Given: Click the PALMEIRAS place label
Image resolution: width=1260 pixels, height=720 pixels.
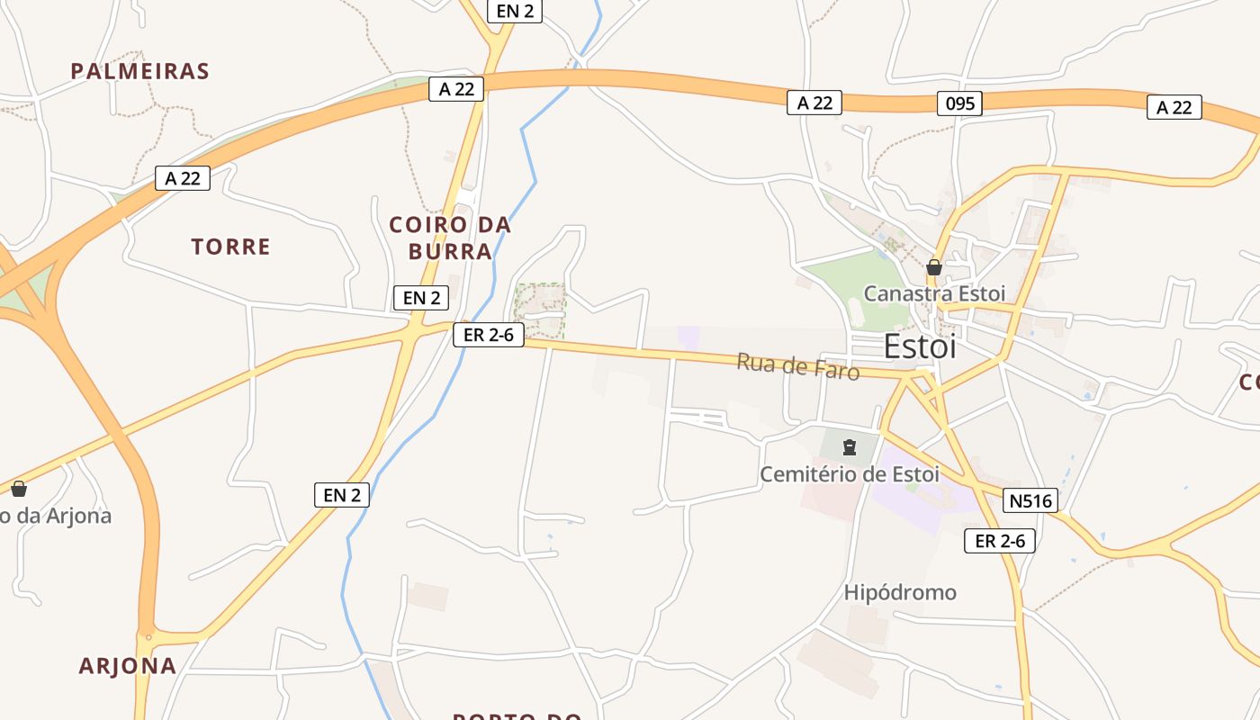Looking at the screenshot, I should [x=139, y=71].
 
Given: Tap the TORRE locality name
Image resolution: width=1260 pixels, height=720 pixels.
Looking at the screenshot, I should [x=230, y=247].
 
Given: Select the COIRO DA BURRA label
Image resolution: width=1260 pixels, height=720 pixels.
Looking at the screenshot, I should [x=450, y=238].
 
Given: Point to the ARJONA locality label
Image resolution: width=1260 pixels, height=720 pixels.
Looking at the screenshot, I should [x=127, y=666].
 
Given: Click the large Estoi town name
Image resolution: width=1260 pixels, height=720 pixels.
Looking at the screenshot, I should [x=920, y=346].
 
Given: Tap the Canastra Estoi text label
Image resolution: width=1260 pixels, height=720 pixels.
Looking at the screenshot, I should [x=934, y=293].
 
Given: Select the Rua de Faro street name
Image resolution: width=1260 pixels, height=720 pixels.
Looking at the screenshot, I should [x=797, y=366].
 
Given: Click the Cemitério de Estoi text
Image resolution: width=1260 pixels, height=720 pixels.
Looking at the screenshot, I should [x=850, y=473].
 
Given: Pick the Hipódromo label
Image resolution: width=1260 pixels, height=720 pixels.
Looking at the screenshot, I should [x=900, y=592].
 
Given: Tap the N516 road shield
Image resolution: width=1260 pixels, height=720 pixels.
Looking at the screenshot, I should [x=1030, y=500].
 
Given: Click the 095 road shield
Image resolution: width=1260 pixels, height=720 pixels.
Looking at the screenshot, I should [x=960, y=103].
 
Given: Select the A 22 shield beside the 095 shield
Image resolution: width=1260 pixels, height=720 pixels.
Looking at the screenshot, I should [x=814, y=103].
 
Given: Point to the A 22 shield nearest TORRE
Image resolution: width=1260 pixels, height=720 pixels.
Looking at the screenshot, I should [x=183, y=178].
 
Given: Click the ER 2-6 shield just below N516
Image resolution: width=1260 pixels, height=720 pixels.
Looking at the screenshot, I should [x=1000, y=541].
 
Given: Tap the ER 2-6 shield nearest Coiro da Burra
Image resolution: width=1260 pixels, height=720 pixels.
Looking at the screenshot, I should [x=489, y=335].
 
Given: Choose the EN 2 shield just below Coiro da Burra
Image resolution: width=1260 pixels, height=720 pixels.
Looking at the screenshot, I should [x=421, y=298].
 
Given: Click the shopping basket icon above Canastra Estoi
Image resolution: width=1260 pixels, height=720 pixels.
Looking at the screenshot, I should [x=934, y=267].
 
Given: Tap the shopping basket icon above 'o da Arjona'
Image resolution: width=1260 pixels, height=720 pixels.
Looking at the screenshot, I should [x=19, y=489].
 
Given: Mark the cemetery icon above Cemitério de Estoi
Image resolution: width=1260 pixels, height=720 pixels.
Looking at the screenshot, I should [x=849, y=447].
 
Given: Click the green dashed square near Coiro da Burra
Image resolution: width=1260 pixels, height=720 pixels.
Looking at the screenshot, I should [x=540, y=311].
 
